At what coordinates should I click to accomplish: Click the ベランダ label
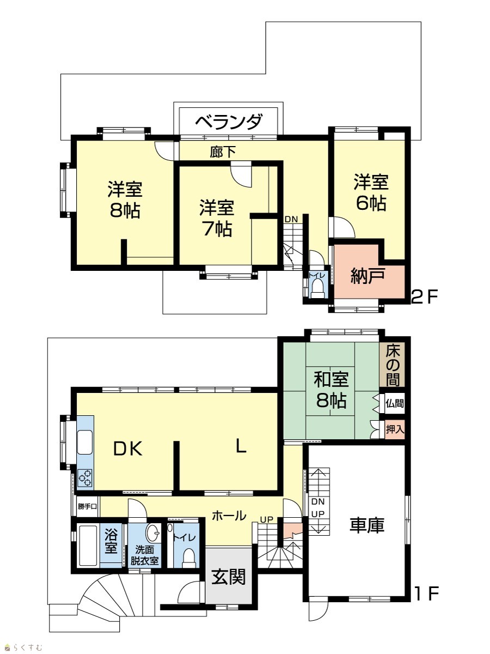click(x=229, y=122)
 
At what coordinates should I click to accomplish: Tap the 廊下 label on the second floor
click(x=223, y=153)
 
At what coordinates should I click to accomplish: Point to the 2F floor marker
click(x=425, y=297)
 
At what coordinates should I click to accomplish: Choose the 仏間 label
click(x=395, y=403)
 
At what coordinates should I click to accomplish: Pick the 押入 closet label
click(x=395, y=429)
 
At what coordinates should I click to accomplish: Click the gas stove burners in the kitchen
click(x=85, y=478)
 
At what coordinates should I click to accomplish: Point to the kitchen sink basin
click(x=85, y=442)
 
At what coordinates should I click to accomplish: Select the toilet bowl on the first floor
click(x=188, y=558)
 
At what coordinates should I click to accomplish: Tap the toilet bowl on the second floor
click(x=317, y=289)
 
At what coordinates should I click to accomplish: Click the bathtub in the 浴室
click(x=88, y=546)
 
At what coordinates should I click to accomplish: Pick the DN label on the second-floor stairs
click(x=291, y=220)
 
